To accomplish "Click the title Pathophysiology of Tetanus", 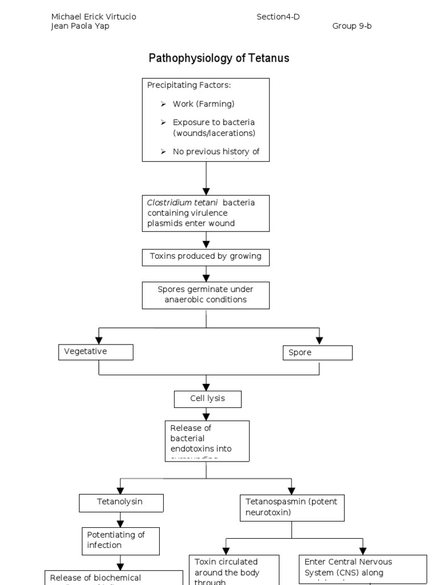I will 218,58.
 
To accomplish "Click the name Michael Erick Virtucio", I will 94,17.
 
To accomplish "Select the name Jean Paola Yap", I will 80,26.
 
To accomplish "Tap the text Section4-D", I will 278,17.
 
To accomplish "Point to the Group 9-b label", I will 352,26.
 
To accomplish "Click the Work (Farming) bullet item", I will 203,104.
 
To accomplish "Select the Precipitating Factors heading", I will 189,85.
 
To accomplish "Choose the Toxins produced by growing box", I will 205,257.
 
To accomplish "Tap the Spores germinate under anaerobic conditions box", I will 205,295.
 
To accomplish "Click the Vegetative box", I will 96,352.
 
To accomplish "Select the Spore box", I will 317,352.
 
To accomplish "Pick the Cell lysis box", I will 207,399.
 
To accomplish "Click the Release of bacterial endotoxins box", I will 207,440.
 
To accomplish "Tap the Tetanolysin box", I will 121,502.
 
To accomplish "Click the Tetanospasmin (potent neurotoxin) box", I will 292,507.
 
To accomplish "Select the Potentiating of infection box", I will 120,540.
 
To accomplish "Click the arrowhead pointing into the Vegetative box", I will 99,340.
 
